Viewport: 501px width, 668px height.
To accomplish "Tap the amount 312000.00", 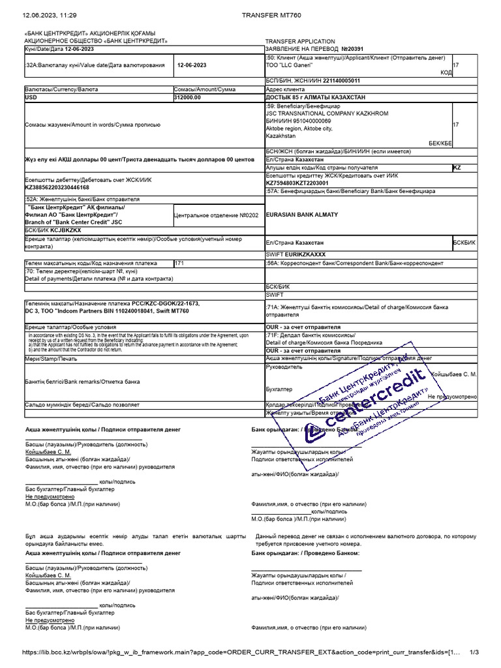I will pos(188,97).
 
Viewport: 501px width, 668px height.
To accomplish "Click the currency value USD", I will pos(31,97).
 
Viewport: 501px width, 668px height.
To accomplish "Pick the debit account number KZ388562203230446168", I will pos(57,187).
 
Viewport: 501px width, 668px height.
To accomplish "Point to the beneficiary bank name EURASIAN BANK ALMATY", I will pos(302,215).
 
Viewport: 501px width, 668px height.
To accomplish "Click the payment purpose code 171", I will pos(180,262).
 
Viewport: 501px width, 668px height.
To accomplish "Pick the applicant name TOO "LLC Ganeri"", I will pos(290,65).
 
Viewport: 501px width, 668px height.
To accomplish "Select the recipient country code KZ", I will pos(457,168).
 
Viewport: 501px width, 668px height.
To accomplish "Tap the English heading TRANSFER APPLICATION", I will pos(300,41).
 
